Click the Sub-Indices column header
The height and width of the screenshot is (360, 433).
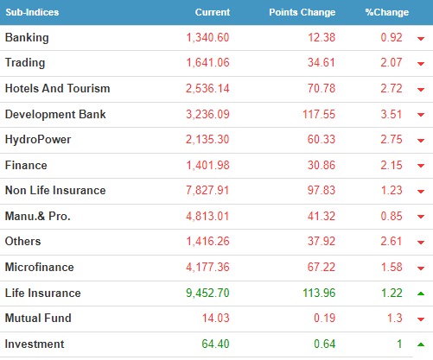point(32,12)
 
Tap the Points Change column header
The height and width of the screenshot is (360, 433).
point(302,12)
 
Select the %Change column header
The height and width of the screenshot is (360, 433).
point(387,12)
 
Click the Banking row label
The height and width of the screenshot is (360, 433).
point(27,38)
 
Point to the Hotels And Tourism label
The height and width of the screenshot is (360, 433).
point(58,88)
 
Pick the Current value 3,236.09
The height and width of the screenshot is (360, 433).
point(207,115)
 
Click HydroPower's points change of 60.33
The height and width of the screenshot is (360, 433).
point(322,140)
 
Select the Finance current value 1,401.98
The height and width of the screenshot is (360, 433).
point(207,166)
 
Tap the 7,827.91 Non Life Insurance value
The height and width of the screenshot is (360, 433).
point(207,191)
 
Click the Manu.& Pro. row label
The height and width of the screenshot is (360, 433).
point(38,216)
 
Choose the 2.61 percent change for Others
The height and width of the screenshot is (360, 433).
point(392,241)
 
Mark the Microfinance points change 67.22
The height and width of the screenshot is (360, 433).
point(322,267)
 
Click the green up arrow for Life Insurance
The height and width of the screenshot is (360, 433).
point(421,294)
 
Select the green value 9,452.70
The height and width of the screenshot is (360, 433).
point(207,293)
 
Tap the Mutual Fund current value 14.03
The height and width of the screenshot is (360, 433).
point(215,319)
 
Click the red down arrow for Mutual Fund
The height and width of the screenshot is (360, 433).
point(421,319)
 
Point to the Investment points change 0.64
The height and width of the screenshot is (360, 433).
point(324,344)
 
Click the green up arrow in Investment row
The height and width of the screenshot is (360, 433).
point(421,344)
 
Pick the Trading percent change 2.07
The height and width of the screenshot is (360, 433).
point(392,62)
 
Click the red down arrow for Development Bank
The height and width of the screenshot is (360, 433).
point(421,115)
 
